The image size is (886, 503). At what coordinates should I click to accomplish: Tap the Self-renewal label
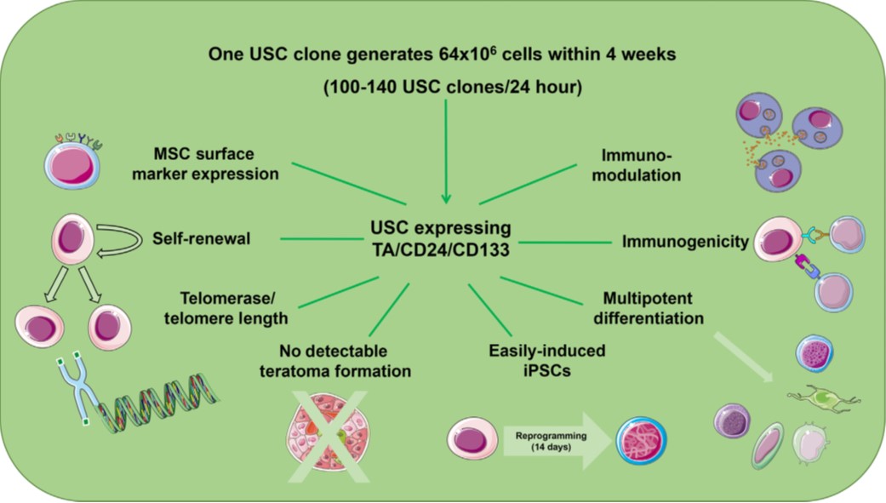[x=203, y=238]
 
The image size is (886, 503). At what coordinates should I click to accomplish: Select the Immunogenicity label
[x=685, y=242]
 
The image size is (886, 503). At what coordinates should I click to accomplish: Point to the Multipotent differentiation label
[x=654, y=309]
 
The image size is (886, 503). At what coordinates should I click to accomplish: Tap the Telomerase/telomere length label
[x=233, y=310]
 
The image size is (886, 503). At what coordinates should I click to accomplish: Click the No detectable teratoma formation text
[x=345, y=360]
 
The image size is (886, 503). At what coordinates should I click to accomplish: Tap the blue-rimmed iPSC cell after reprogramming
[x=641, y=441]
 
